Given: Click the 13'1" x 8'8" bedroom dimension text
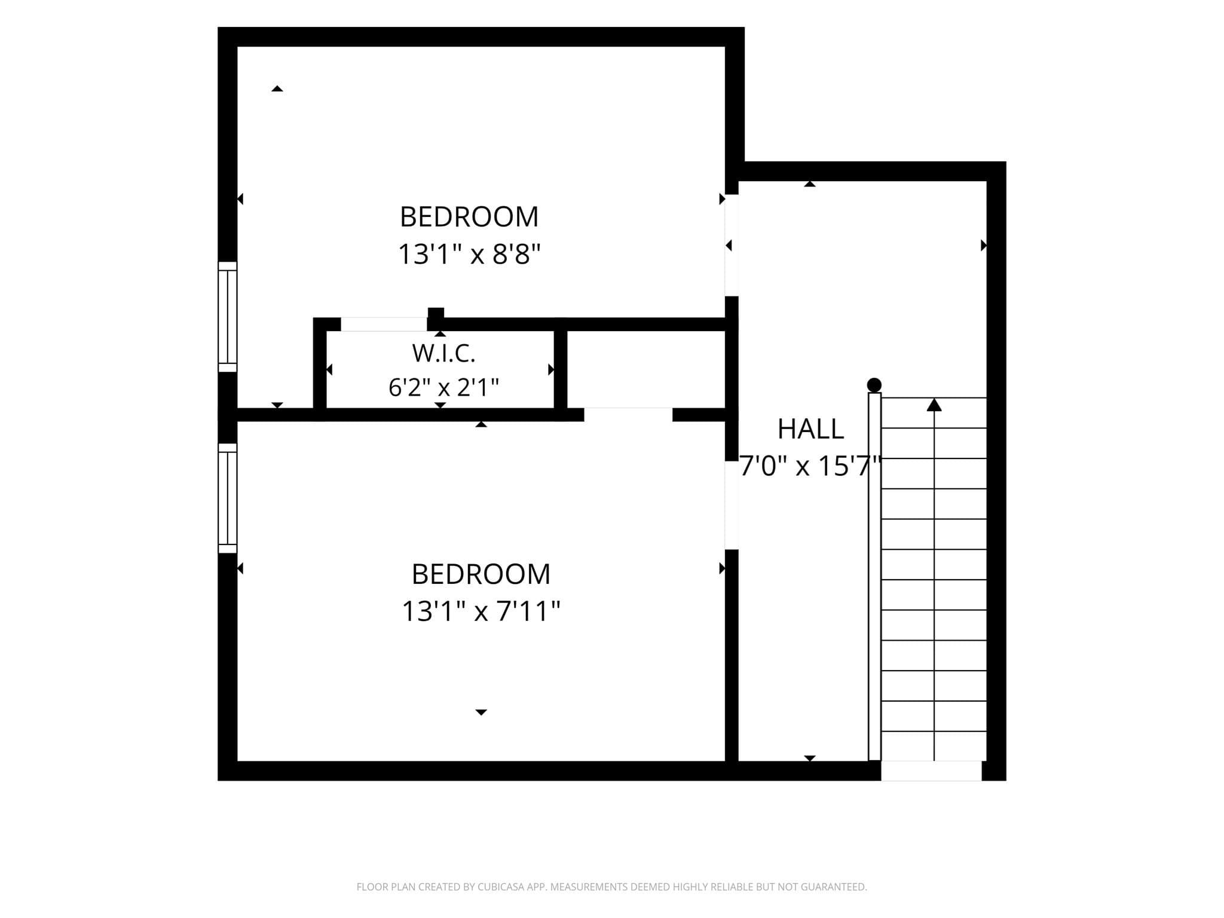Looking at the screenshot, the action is [469, 254].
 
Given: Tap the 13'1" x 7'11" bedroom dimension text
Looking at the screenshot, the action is [481, 611].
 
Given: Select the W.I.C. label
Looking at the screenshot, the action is [443, 353].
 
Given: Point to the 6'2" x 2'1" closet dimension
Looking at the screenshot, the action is [443, 387].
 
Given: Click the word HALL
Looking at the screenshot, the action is [810, 429].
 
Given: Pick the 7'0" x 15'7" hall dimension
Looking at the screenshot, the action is [810, 466].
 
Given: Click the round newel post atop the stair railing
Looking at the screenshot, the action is [874, 385].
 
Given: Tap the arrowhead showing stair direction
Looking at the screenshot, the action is [934, 405].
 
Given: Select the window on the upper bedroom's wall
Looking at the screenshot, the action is [228, 317].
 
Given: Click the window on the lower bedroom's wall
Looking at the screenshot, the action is [228, 498].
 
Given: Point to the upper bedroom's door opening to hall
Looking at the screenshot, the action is [732, 245].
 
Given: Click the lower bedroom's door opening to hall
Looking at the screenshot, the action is [732, 505].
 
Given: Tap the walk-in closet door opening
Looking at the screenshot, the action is [384, 324].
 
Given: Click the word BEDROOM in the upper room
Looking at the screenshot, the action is [469, 216].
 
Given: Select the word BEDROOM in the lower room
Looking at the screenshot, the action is [481, 574].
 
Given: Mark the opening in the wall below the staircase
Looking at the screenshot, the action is [931, 771].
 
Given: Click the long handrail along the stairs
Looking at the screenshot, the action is [874, 577].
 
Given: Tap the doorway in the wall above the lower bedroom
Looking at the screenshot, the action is [628, 415].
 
